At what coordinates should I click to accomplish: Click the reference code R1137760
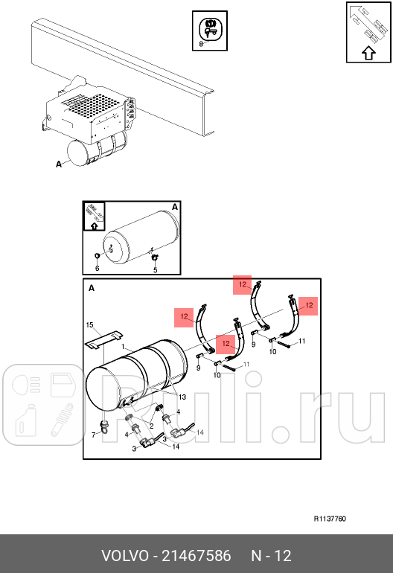tap(330, 519)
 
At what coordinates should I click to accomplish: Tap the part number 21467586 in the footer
tap(196, 556)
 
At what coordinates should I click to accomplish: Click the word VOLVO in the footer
tap(125, 556)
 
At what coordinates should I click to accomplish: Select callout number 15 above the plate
tap(89, 325)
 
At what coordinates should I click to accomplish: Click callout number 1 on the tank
tap(124, 347)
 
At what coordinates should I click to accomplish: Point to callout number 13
tap(182, 397)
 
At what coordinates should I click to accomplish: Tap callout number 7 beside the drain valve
tap(94, 435)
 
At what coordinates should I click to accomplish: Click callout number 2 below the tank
tap(151, 426)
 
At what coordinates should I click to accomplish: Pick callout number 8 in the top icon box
tap(201, 44)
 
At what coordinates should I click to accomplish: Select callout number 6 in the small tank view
tap(98, 269)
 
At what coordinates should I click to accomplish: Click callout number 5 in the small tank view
tap(156, 270)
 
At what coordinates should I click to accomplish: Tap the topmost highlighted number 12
tap(243, 285)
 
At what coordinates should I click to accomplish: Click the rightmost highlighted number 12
tap(308, 306)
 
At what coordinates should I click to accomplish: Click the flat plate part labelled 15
tap(103, 339)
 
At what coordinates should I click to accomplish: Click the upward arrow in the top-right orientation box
tap(369, 54)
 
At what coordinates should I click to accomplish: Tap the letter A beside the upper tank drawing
tap(59, 164)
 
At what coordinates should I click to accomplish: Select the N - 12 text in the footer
tap(271, 556)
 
